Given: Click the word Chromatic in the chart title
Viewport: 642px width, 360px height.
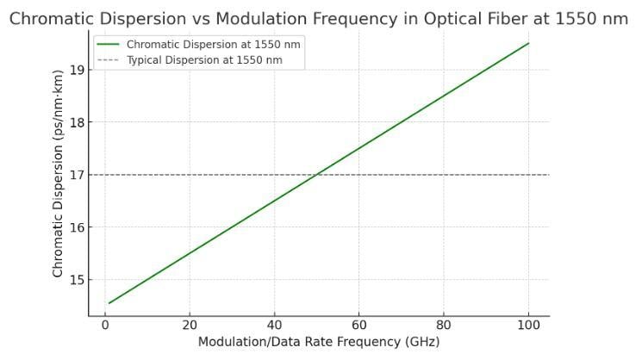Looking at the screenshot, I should tap(53, 19).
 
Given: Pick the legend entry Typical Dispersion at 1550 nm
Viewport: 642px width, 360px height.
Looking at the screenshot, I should tap(203, 60).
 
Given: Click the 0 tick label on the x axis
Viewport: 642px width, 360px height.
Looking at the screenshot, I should tap(104, 325).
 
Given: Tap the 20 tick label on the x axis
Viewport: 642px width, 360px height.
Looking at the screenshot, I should tap(189, 325).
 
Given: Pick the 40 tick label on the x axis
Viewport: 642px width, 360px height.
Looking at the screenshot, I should tap(273, 325).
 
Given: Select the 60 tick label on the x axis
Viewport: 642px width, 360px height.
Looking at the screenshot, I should tap(358, 325).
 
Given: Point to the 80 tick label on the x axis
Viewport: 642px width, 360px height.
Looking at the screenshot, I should tap(443, 325).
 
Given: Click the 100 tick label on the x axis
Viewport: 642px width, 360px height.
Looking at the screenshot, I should tap(527, 325).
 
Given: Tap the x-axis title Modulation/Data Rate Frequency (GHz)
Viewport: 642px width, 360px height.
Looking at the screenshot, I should tap(318, 342).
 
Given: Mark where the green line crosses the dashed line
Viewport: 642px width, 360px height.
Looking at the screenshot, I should tap(316, 175).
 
